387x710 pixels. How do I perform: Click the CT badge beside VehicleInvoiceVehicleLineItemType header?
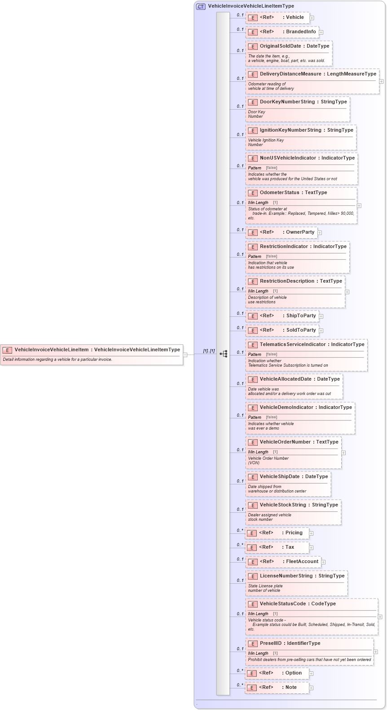201,6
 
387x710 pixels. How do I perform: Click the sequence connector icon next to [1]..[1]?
224,354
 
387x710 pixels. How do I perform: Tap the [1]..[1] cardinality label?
209,351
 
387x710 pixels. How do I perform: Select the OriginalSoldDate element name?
280,46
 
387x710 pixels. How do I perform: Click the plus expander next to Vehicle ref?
312,18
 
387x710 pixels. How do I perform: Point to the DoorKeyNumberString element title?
287,102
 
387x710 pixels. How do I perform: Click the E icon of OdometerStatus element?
253,193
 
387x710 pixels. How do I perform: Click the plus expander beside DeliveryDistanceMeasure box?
382,81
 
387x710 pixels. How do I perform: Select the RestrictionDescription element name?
287,281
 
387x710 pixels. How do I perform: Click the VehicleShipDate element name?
279,477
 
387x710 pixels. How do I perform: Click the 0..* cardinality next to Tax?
240,545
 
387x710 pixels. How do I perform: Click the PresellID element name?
271,643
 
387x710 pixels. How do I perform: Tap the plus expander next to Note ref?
311,688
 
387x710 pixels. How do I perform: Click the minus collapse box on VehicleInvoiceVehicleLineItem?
185,355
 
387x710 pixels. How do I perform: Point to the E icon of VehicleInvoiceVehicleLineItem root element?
7,350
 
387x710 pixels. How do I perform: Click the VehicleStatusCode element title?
283,604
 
